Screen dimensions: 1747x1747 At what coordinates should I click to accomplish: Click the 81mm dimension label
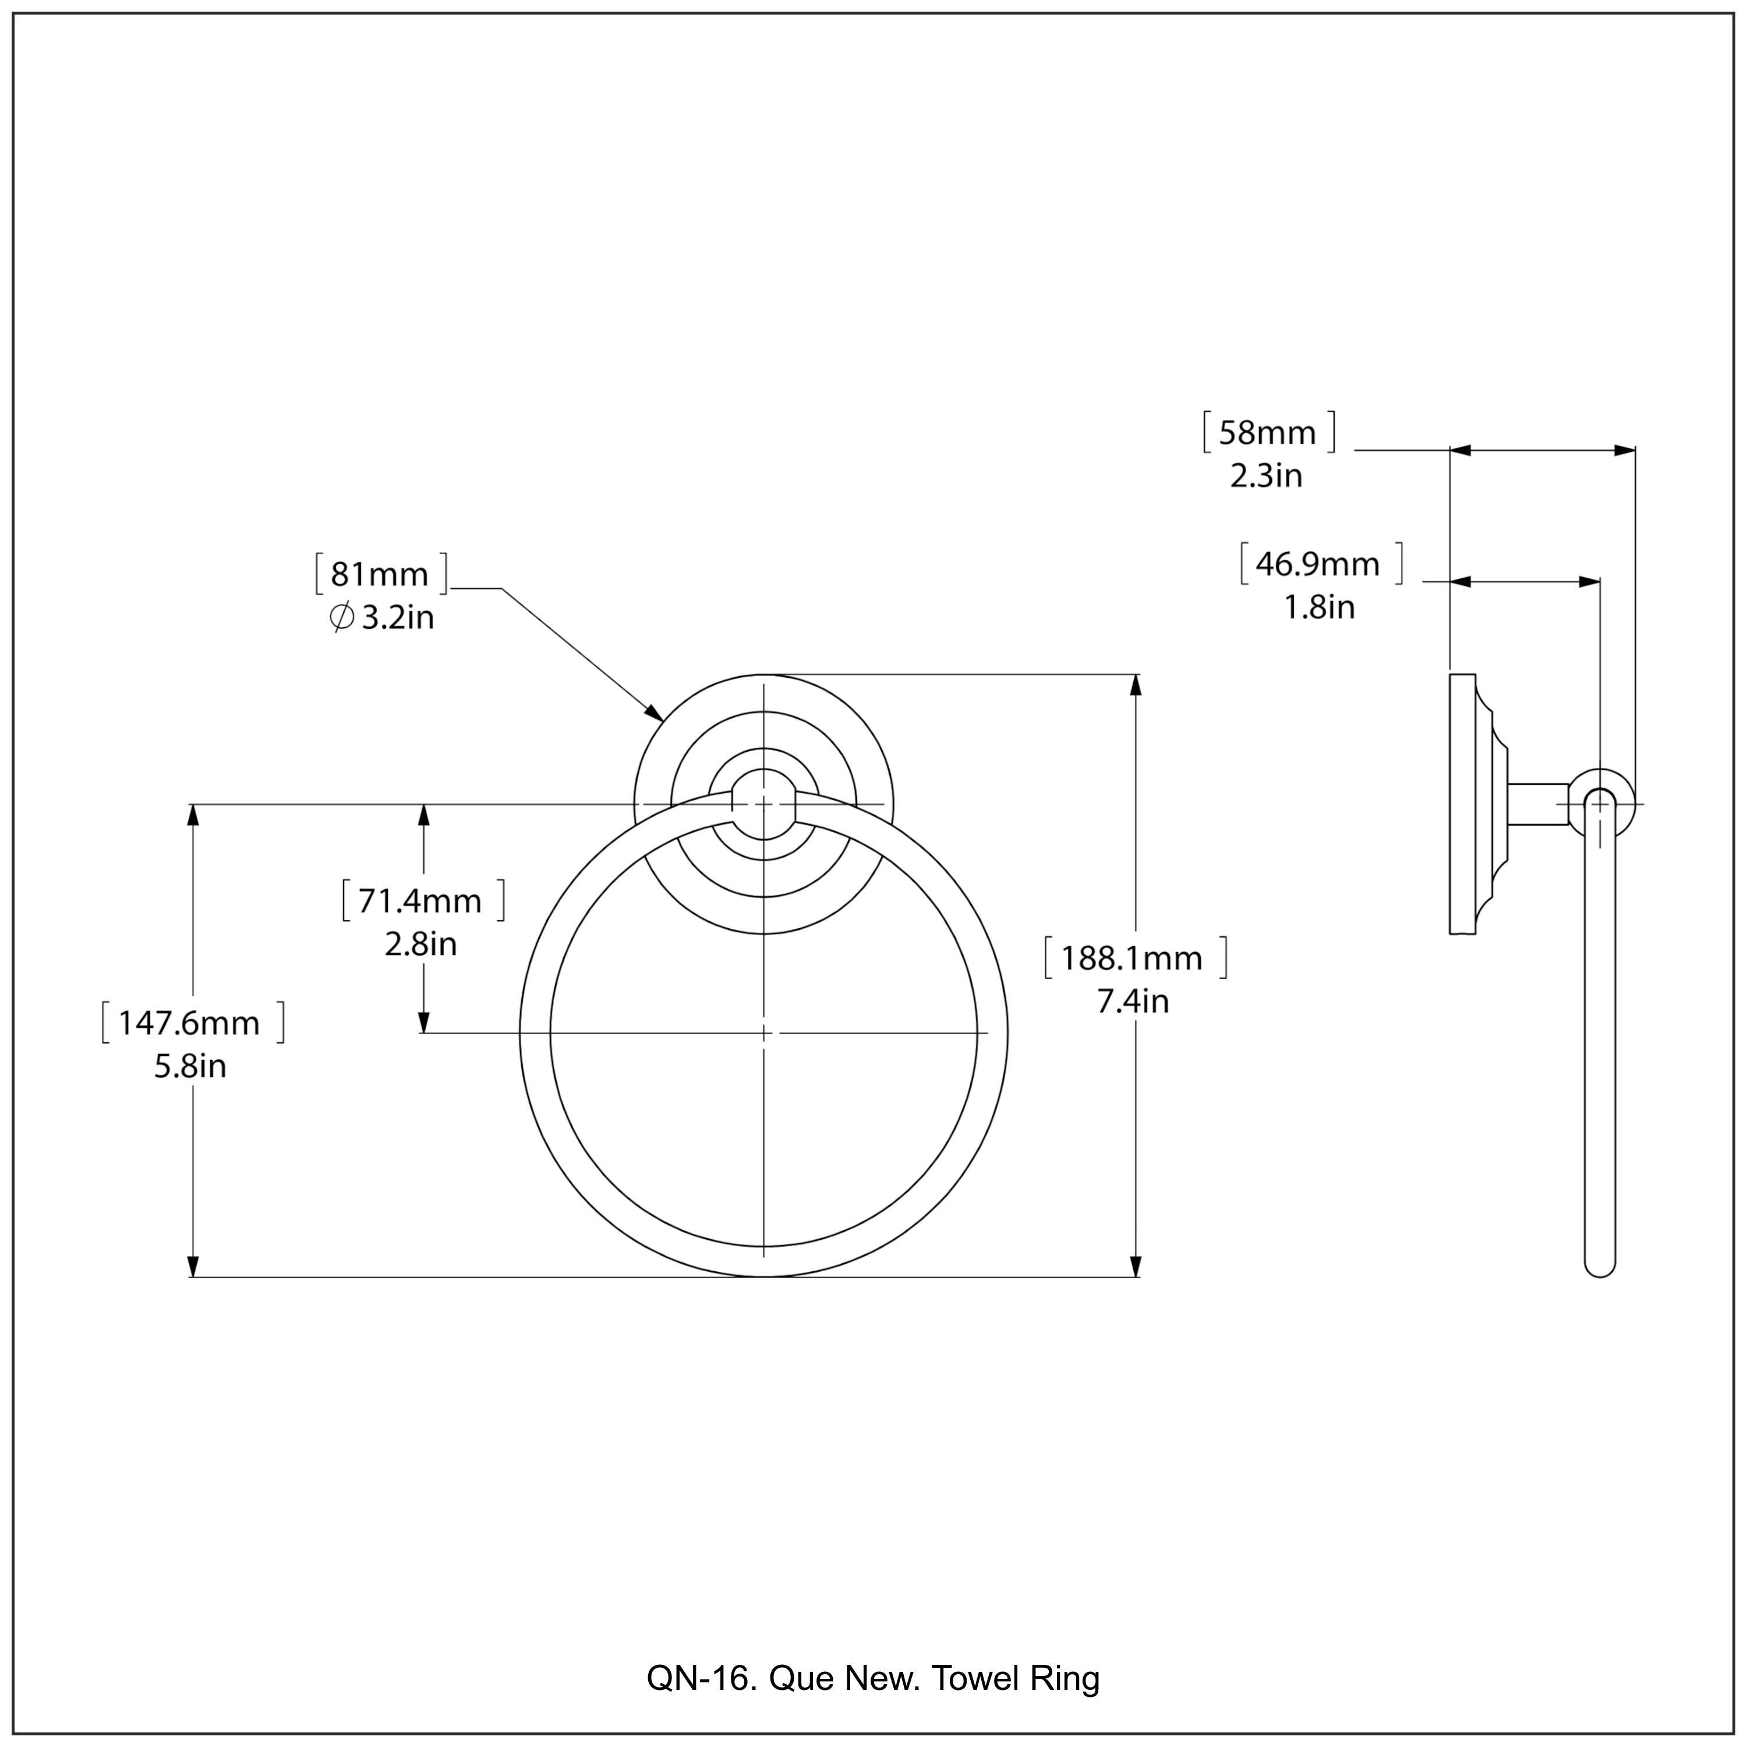tap(380, 574)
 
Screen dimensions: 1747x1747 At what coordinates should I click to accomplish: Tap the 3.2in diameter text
tap(398, 618)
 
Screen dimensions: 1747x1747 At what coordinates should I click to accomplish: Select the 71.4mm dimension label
tap(422, 901)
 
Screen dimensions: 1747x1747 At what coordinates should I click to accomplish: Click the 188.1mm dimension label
tap(1132, 959)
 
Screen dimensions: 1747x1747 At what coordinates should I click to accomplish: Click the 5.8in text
tap(190, 1067)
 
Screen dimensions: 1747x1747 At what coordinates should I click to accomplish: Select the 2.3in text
tap(1266, 476)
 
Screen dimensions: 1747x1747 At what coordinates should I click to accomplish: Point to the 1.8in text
tap(1320, 607)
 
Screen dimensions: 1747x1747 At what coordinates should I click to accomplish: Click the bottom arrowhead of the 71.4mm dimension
tap(423, 1020)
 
